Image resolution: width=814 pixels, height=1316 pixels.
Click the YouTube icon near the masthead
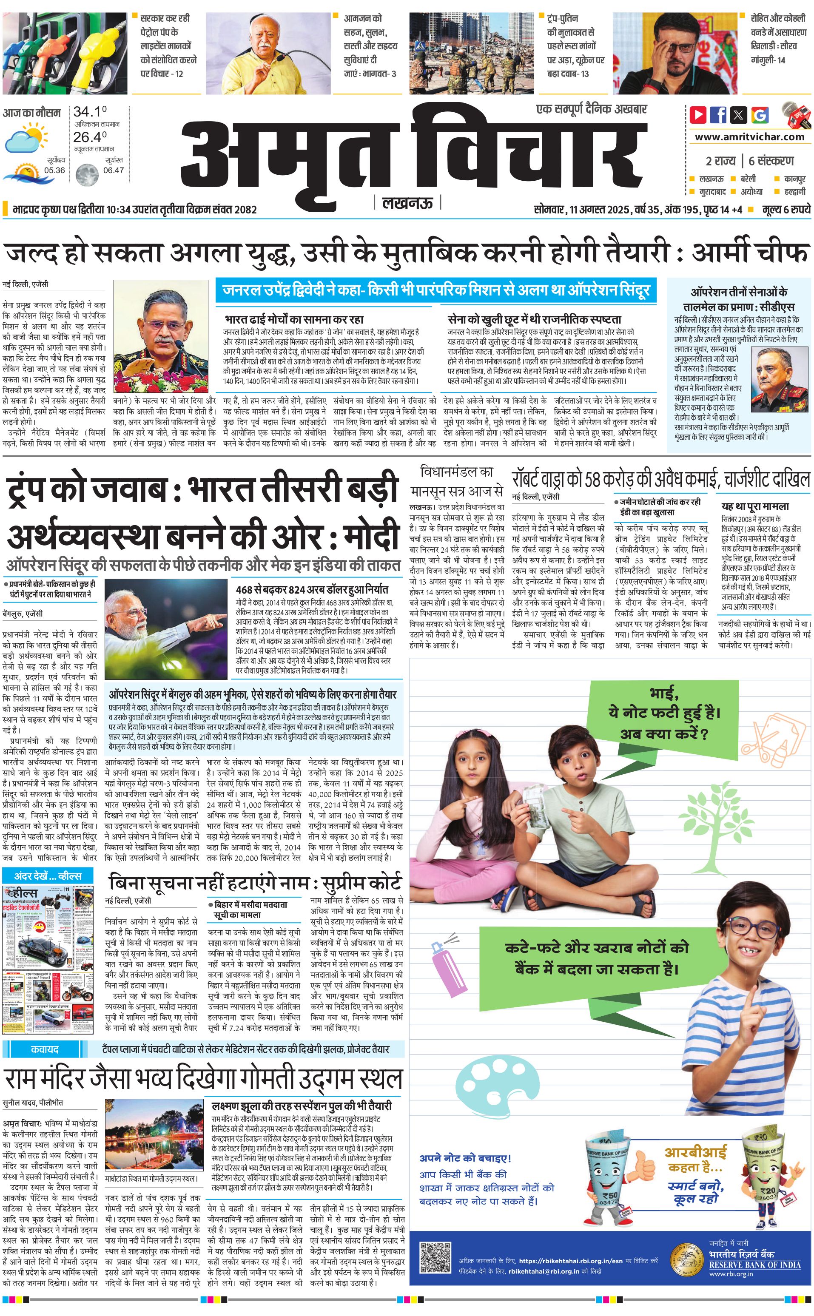click(698, 115)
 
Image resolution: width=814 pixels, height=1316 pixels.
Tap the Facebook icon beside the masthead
click(718, 115)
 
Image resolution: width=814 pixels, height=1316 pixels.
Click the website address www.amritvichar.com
click(749, 137)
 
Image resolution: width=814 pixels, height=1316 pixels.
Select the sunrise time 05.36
click(54, 170)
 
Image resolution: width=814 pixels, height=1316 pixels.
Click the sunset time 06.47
click(113, 170)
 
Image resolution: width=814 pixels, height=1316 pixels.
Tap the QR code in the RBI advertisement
click(435, 1257)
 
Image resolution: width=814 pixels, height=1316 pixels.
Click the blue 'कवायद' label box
click(44, 1049)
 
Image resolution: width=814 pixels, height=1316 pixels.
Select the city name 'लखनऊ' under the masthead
click(407, 203)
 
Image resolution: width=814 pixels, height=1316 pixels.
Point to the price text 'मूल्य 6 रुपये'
click(786, 209)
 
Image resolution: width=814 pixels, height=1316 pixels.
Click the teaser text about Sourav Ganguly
click(778, 39)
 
